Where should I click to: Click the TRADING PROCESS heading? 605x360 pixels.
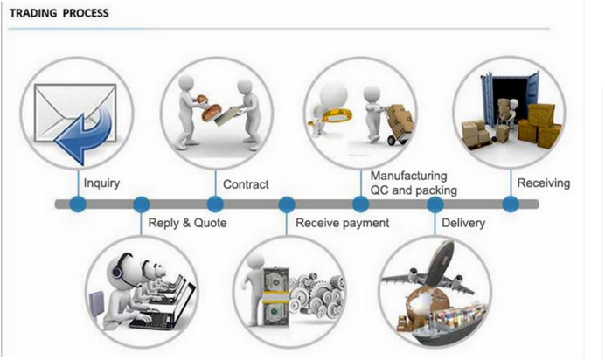(59, 13)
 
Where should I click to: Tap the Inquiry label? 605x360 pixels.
(101, 183)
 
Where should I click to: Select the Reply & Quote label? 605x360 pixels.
(187, 223)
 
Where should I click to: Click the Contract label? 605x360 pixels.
(246, 184)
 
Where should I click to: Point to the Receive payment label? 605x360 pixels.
(342, 223)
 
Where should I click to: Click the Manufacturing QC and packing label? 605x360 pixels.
(414, 183)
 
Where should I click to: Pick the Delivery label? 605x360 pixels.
(463, 223)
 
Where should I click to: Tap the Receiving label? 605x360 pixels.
(543, 183)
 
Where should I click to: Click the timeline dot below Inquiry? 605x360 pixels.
(78, 204)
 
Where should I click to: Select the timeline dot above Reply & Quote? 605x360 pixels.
(142, 204)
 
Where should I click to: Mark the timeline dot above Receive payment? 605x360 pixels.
(287, 204)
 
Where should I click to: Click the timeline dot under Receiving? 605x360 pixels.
(511, 204)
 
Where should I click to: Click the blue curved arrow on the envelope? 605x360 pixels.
(86, 135)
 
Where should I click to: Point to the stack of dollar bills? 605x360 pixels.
(275, 298)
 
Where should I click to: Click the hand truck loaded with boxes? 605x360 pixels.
(399, 124)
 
